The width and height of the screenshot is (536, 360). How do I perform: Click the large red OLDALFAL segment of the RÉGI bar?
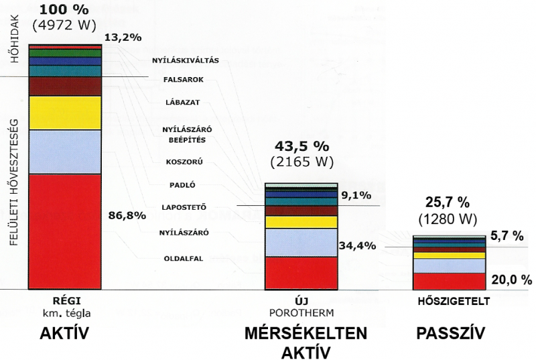65,231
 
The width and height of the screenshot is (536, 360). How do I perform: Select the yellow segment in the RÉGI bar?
65,113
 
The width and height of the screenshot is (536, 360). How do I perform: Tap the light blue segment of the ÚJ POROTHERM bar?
301,243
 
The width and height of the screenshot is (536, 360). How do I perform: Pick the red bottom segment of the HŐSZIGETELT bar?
449,282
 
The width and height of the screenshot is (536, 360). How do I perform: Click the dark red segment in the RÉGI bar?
65,86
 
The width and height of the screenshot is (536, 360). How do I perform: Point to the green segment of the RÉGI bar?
65,53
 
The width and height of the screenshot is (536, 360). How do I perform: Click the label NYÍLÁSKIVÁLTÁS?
186,60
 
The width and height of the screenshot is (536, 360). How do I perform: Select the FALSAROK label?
184,80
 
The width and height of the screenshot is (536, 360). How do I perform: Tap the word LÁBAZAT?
182,102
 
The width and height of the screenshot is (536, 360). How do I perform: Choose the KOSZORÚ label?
184,162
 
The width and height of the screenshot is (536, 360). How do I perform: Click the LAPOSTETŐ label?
184,207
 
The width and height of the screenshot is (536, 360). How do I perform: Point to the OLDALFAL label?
184,259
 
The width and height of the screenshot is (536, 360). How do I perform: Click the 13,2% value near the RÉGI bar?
123,38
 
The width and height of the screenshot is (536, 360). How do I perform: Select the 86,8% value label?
127,215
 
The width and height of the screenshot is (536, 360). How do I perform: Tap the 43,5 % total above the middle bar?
302,146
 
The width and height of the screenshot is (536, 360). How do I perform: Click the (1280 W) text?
448,219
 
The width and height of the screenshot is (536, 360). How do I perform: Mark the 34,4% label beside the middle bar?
358,245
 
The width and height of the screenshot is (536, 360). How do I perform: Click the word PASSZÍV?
450,333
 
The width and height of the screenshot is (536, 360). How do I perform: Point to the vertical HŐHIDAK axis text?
15,39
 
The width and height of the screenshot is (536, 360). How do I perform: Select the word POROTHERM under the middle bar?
301,313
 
